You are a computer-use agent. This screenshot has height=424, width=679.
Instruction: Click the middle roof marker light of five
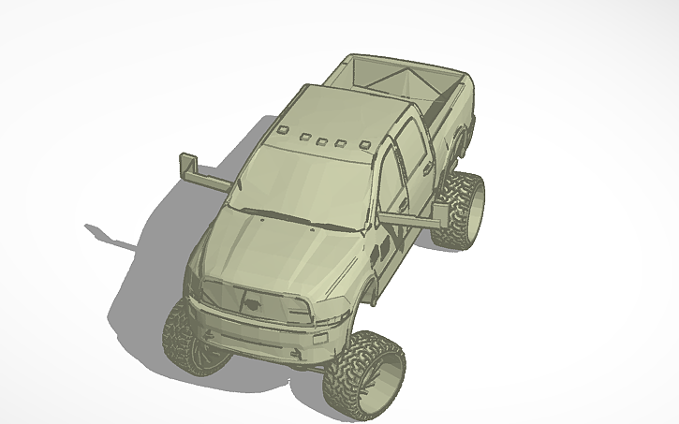(321, 142)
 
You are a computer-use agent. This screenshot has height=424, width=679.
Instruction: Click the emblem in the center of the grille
(252, 301)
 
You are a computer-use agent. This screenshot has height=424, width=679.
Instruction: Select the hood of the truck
(281, 253)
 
